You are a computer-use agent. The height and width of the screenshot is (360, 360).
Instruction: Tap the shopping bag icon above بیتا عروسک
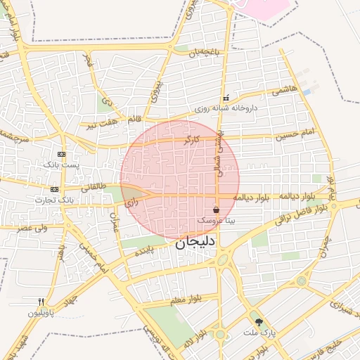(216, 210)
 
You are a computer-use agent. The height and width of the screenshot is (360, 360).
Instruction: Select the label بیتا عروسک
(216, 220)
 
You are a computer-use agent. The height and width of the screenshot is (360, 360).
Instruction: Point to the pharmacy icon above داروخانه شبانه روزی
(225, 98)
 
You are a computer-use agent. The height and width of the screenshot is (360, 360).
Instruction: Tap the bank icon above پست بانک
(62, 154)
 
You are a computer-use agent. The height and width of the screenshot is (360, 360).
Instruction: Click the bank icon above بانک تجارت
(55, 189)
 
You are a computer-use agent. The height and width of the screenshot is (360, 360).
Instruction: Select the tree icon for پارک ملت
(260, 322)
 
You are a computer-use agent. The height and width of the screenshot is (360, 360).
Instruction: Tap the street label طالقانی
(94, 188)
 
